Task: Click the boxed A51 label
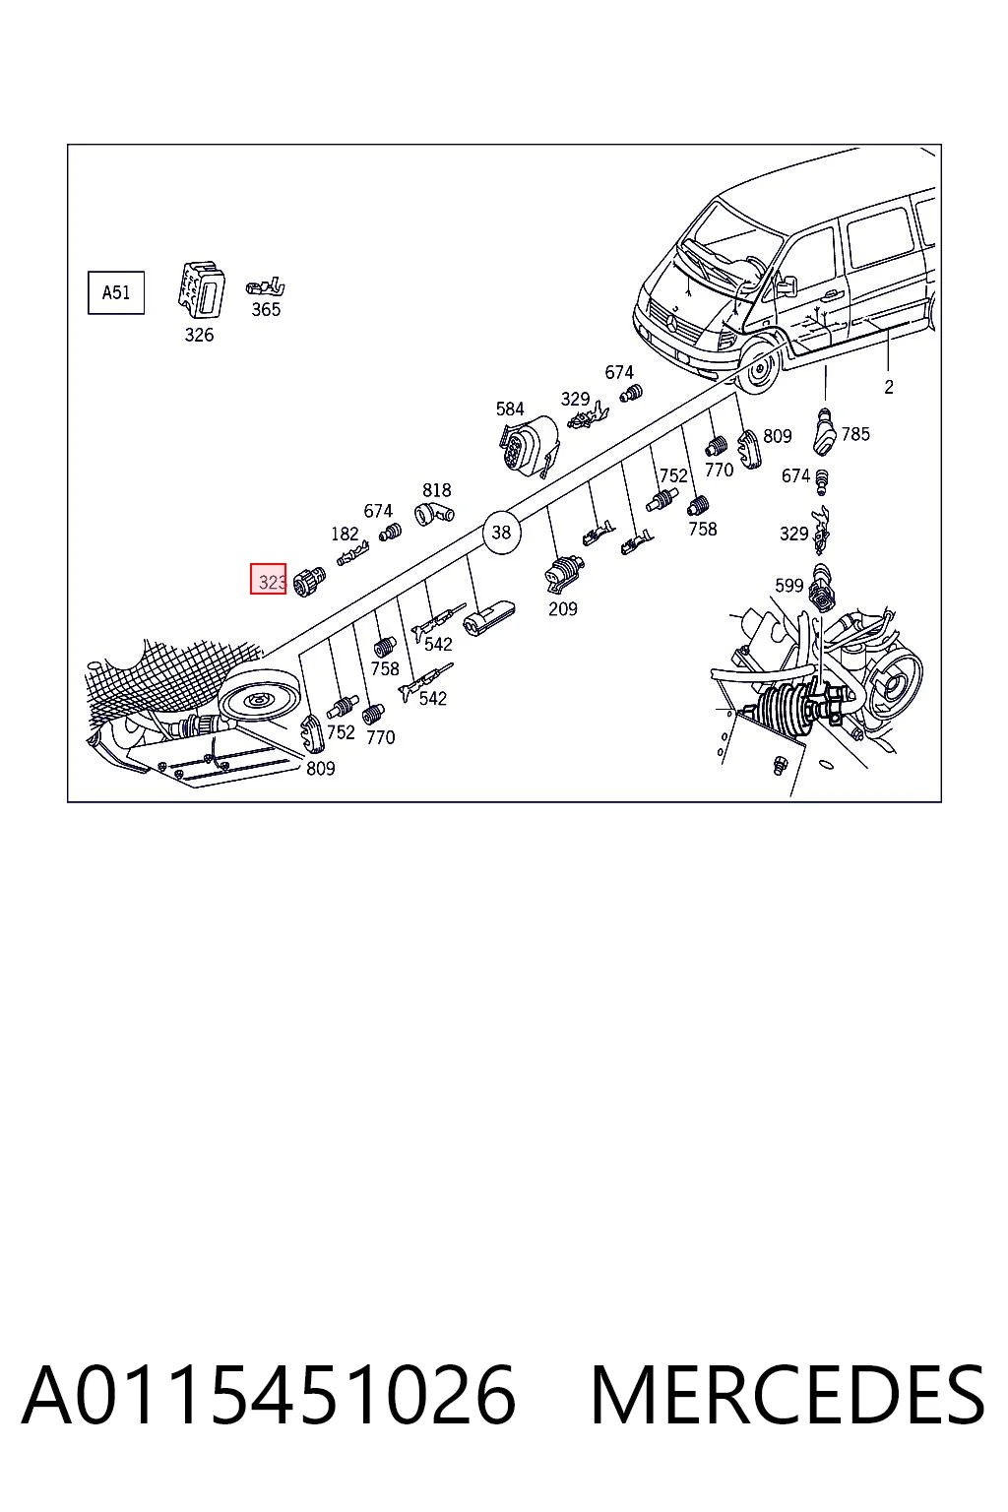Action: (116, 293)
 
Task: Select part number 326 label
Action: (199, 335)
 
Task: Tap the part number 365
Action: (266, 310)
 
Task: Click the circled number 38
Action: (501, 533)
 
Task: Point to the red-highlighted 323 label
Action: (269, 580)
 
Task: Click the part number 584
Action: (510, 409)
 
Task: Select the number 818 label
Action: (437, 490)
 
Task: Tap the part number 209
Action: (563, 609)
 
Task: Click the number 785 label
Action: (855, 434)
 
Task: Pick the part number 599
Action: (789, 586)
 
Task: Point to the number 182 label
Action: (345, 534)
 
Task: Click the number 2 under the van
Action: (889, 388)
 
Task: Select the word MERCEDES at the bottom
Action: (787, 1395)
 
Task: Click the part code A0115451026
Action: (269, 1395)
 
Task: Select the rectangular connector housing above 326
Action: (201, 289)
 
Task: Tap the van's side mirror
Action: (786, 284)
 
